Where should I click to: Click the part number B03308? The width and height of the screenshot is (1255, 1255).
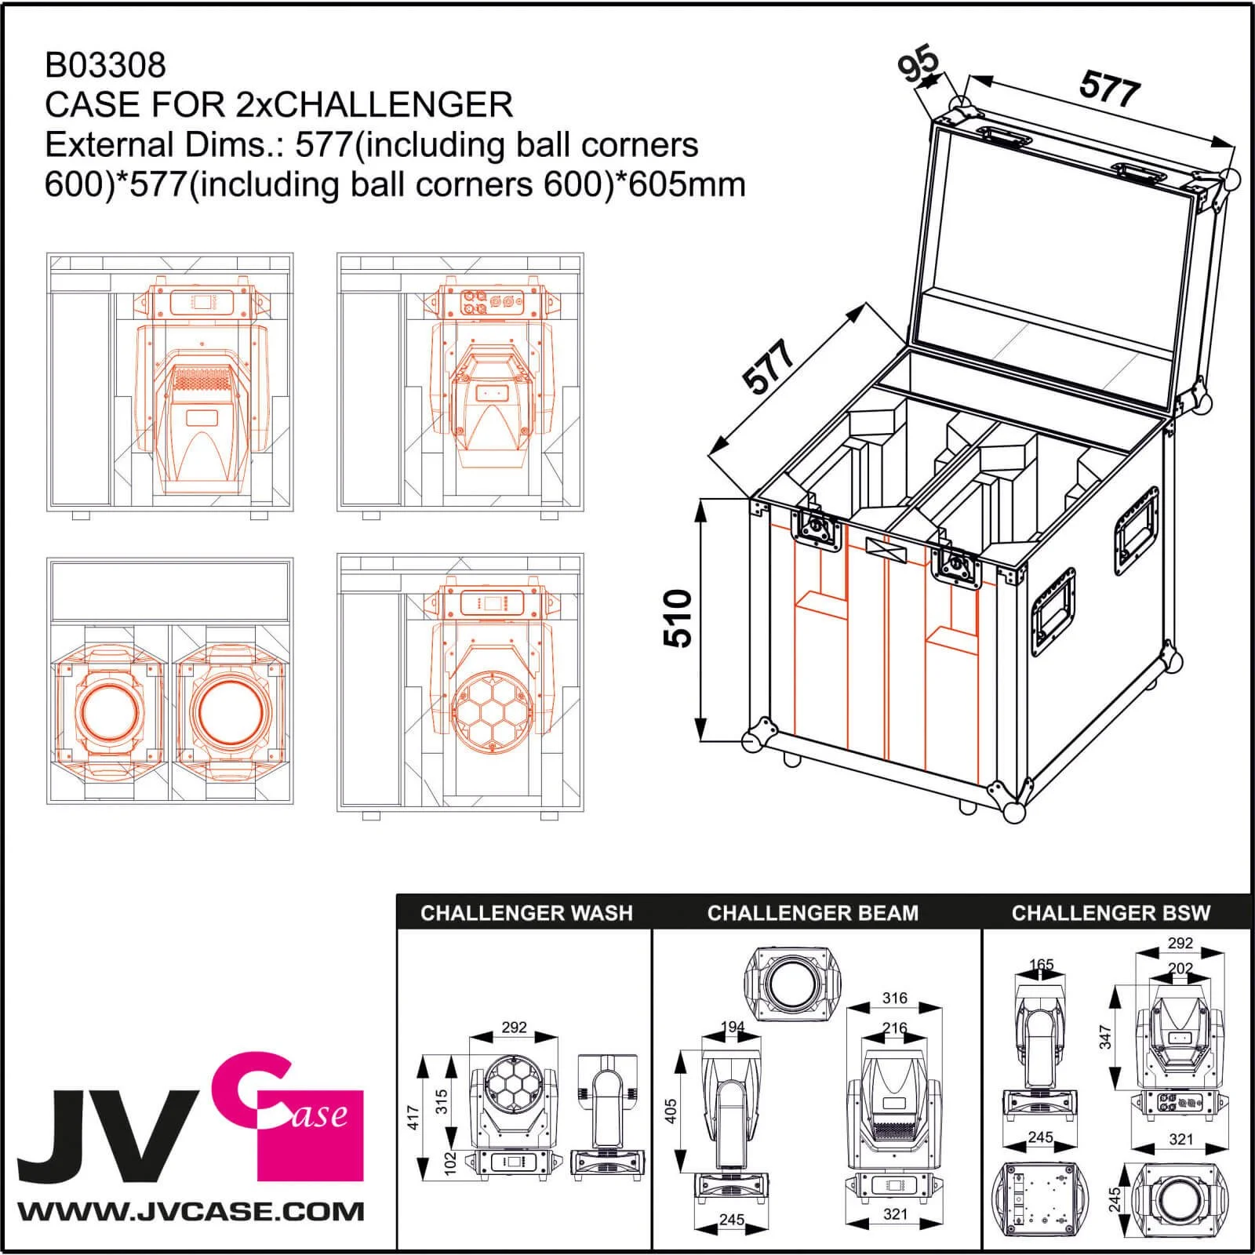point(106,65)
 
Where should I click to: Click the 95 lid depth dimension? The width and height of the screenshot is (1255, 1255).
point(919,64)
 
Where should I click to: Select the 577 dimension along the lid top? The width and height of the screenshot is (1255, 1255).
point(1108,88)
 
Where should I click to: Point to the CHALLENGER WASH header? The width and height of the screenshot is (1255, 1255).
point(526,913)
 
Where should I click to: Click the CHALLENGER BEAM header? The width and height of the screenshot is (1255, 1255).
point(813,913)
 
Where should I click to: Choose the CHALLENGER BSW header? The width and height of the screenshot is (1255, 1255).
point(1111,913)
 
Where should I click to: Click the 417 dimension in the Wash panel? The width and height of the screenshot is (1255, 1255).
point(414,1116)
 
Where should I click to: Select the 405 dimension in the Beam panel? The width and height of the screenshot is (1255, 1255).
point(671,1111)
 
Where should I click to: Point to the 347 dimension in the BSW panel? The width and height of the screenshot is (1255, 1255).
point(1105,1037)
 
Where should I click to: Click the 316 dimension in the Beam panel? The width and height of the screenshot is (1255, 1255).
point(894,998)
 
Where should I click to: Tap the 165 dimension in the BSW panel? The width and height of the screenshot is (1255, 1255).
point(1041,965)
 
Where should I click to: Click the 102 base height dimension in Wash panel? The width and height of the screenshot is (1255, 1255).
point(450,1161)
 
